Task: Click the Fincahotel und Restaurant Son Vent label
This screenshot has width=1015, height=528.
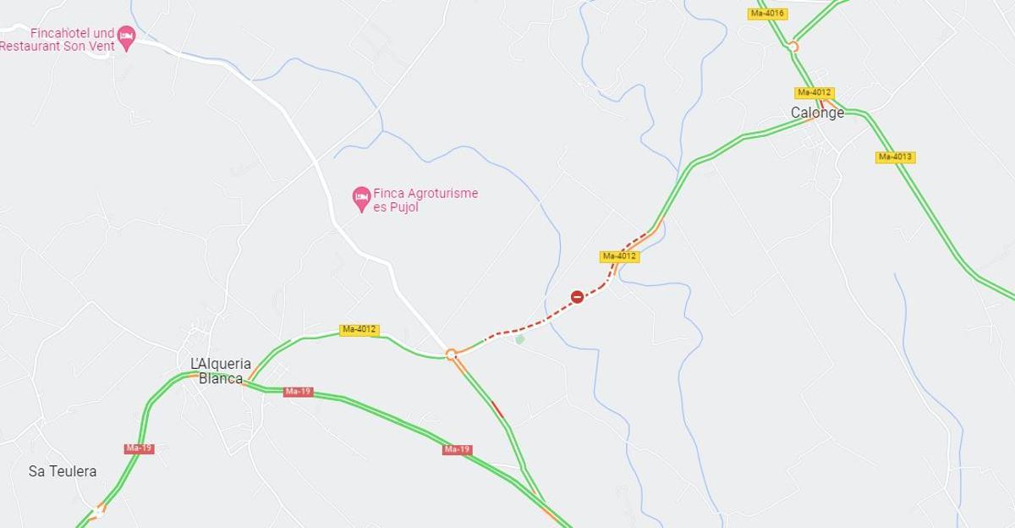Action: click(58, 40)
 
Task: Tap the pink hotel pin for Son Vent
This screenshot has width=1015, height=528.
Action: click(126, 36)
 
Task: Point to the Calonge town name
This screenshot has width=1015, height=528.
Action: click(817, 113)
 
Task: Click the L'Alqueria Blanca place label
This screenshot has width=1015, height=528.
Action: click(221, 371)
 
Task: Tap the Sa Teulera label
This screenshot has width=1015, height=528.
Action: click(63, 471)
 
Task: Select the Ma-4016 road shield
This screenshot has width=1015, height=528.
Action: click(768, 14)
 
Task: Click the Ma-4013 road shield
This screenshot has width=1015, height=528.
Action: click(895, 157)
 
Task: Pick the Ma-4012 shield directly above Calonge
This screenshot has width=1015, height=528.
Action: click(815, 92)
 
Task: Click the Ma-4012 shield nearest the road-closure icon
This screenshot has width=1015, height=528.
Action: click(619, 256)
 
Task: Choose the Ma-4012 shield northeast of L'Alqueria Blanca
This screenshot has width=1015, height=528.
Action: click(359, 329)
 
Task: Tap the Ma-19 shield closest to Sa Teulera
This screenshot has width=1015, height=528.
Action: click(139, 448)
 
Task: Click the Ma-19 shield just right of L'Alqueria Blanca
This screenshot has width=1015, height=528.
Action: click(298, 392)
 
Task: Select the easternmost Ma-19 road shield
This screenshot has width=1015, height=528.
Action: click(457, 449)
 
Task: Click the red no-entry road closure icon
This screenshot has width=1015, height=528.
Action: click(577, 297)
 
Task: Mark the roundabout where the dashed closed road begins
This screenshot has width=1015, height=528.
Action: click(451, 355)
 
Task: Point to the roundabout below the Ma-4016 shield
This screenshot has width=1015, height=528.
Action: click(793, 47)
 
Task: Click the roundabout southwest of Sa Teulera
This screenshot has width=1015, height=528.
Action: click(99, 510)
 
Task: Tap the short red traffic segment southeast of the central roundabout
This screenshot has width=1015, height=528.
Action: click(497, 410)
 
